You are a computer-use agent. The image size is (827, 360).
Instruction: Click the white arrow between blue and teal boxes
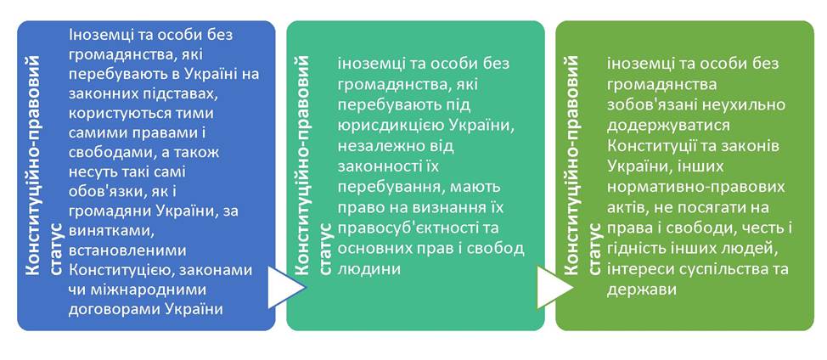point(286,287)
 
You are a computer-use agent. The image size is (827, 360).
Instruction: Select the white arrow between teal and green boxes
point(554,287)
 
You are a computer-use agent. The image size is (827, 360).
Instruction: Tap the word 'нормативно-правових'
point(695,187)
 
